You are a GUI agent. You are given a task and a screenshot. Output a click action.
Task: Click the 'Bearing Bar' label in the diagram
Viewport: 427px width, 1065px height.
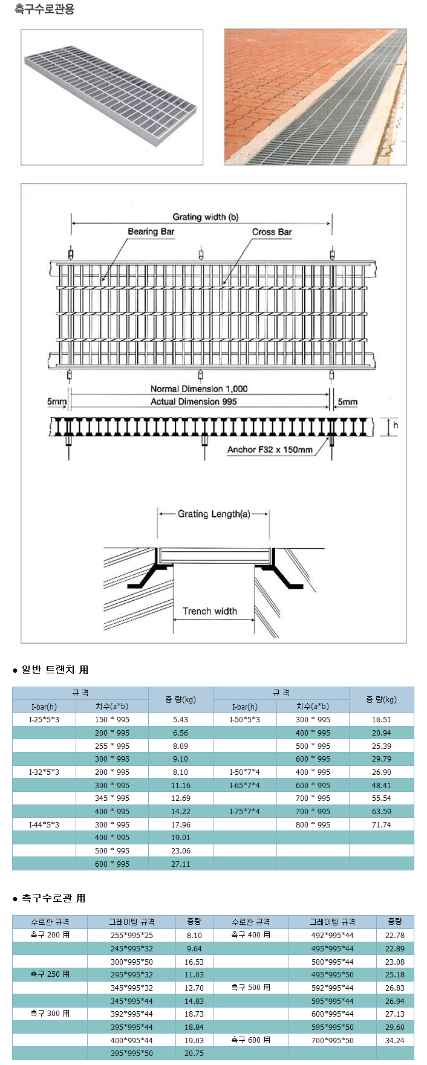point(151,231)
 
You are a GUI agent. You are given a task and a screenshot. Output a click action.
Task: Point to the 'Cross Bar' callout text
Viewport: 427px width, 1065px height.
point(272,231)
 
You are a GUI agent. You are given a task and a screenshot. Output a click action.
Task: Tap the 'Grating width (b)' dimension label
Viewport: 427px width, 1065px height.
point(205,217)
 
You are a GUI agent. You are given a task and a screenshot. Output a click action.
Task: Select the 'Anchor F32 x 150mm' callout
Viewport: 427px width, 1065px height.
point(270,449)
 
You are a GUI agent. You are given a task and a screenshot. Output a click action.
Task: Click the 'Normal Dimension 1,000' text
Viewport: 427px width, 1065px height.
point(199,389)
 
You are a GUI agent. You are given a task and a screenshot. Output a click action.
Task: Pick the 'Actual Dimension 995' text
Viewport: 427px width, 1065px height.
point(194,401)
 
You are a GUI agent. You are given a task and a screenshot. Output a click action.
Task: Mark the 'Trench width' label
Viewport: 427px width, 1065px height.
point(210,611)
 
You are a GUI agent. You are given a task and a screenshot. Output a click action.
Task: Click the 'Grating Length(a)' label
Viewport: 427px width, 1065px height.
point(213,514)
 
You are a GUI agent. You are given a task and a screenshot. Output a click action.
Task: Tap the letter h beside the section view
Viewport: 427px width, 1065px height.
point(396,425)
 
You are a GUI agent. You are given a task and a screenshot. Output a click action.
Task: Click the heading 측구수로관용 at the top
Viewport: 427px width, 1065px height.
point(44,9)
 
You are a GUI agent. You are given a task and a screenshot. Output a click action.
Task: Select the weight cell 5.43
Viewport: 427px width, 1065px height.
point(180,720)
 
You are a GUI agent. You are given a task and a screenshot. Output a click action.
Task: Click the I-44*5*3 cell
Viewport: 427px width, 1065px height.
point(44,824)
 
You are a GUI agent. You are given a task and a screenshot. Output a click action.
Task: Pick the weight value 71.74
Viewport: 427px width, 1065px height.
point(381,824)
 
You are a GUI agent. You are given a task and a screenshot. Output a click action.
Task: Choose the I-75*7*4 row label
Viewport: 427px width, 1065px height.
point(245,811)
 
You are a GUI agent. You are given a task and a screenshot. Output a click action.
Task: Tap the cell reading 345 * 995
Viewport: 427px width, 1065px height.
point(112,798)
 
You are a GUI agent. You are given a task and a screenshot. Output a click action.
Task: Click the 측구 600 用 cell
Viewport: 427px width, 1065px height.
point(251,1040)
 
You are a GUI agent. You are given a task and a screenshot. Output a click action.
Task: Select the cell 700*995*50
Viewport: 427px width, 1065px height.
point(332,1040)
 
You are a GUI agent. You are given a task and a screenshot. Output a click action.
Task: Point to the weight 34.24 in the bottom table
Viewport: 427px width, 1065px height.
point(394,1040)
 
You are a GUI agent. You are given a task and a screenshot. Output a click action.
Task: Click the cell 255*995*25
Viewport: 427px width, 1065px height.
point(132,935)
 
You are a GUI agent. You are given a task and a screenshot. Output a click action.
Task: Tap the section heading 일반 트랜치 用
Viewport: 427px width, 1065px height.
point(54,669)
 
